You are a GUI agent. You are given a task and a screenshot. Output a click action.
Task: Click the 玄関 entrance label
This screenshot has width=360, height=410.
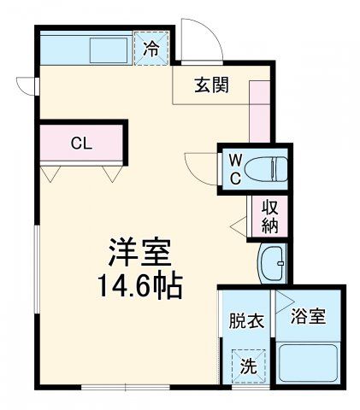coord(210,85)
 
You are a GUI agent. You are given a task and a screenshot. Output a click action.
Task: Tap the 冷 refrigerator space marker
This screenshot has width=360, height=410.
coord(150,49)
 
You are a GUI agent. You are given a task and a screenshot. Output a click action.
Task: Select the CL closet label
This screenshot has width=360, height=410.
coord(81,143)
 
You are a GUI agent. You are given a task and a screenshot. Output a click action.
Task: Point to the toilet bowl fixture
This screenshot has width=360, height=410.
coord(270,168)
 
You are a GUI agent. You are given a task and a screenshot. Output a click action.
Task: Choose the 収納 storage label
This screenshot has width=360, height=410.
coord(270,214)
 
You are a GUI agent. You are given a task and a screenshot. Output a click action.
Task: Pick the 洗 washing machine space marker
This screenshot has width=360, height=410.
coord(247,367)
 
